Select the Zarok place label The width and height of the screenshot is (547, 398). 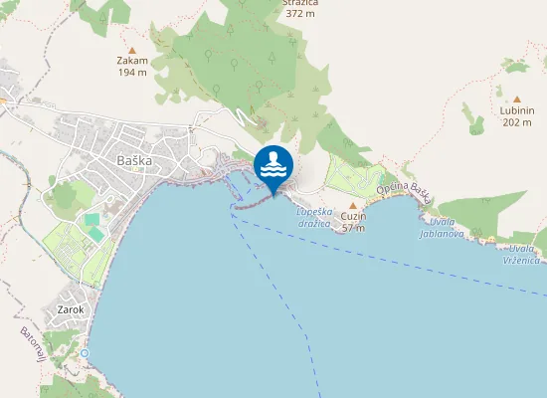[71, 309]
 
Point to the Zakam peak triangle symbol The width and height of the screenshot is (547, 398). [132, 48]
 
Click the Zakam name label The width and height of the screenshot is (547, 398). [132, 60]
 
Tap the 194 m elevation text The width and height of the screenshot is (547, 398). [132, 72]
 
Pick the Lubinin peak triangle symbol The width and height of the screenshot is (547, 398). [517, 99]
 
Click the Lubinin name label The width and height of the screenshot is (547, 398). [517, 110]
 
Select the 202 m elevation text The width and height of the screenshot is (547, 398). [517, 122]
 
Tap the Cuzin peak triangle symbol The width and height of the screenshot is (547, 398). [353, 205]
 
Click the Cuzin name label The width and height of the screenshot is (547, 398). [353, 216]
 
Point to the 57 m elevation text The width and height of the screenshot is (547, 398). [353, 228]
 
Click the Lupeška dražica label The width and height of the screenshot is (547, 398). [314, 217]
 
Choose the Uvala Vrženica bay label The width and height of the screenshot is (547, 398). [524, 254]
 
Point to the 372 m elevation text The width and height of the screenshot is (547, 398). [300, 14]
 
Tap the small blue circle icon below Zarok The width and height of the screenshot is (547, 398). [86, 353]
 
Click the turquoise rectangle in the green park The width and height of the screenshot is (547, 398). [92, 219]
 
